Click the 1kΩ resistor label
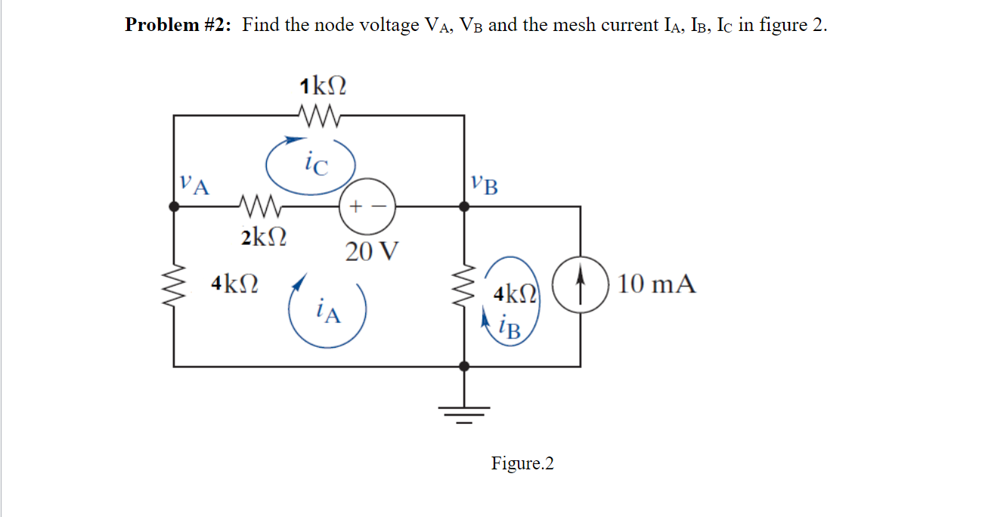(323, 85)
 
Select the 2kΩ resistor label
(264, 237)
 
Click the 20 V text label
(371, 251)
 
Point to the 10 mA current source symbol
(581, 285)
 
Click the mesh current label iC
(316, 161)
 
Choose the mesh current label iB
(510, 327)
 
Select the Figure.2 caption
(522, 463)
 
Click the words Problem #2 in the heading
(178, 25)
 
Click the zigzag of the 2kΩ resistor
(259, 205)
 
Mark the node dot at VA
(175, 205)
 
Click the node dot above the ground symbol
(464, 366)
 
